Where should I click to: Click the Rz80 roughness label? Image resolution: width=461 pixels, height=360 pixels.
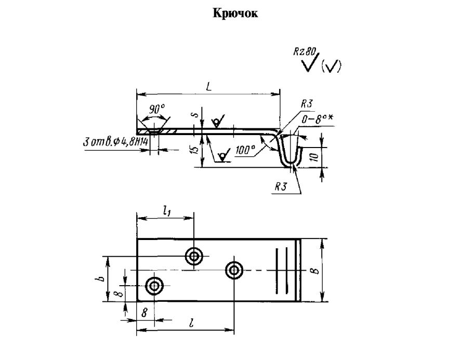[x=305, y=52]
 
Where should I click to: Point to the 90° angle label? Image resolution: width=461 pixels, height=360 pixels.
[x=156, y=109]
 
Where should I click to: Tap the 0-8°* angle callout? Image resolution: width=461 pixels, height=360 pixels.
[x=318, y=121]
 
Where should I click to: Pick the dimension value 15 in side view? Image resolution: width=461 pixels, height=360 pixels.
[x=194, y=150]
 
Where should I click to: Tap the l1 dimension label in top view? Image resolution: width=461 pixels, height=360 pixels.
[x=166, y=210]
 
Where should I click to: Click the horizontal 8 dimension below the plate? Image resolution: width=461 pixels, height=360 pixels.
[x=144, y=314]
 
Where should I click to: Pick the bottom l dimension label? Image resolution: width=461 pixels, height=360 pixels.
[x=192, y=324]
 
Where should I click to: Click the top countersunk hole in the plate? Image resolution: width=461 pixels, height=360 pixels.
[x=195, y=256]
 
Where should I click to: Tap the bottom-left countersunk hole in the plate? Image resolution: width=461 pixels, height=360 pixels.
[x=154, y=286]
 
